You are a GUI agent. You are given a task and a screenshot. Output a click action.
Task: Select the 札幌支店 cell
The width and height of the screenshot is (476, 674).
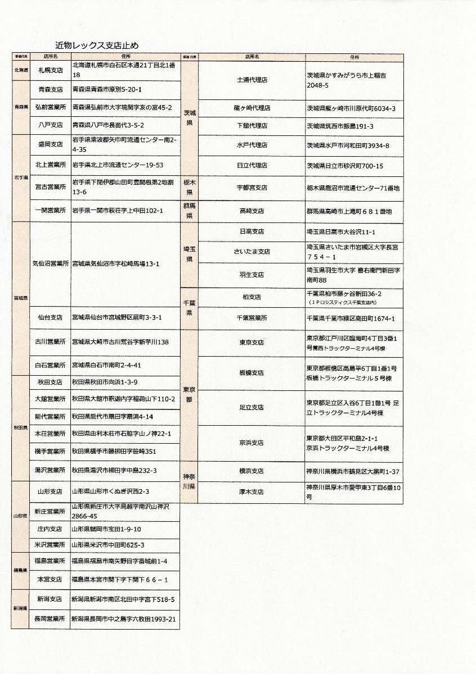(x=50, y=70)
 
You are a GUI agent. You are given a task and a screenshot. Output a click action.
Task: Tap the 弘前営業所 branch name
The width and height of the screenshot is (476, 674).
(x=50, y=107)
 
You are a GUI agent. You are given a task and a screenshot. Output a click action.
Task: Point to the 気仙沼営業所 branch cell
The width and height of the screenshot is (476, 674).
(x=50, y=263)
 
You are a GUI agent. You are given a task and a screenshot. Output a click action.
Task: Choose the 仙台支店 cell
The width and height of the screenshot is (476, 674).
(x=50, y=317)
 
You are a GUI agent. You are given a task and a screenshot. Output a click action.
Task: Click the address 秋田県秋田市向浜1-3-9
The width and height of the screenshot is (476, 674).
(x=104, y=382)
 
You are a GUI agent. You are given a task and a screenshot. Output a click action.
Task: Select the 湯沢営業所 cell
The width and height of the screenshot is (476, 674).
(x=50, y=470)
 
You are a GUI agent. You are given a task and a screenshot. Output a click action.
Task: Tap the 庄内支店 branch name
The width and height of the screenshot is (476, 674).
(x=50, y=529)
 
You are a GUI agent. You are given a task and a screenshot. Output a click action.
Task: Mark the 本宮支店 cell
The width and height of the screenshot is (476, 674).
(x=50, y=579)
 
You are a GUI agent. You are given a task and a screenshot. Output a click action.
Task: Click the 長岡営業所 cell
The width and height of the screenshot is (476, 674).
(x=50, y=619)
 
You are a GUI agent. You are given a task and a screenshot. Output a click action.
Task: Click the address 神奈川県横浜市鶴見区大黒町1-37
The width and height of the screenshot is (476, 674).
(x=353, y=471)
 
